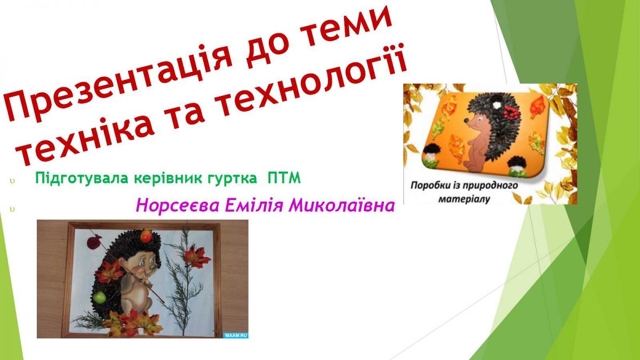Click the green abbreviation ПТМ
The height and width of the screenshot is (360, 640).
[284, 178]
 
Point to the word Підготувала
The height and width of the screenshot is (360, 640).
[82, 179]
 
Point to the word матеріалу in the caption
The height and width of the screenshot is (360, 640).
[465, 199]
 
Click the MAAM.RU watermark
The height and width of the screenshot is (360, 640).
[235, 335]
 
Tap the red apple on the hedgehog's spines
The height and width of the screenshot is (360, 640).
[146, 236]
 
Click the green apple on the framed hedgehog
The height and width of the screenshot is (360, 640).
[100, 298]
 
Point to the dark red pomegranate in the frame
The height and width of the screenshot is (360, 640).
[94, 242]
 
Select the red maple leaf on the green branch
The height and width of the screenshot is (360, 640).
[197, 257]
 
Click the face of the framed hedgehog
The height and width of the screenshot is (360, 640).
[143, 267]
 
